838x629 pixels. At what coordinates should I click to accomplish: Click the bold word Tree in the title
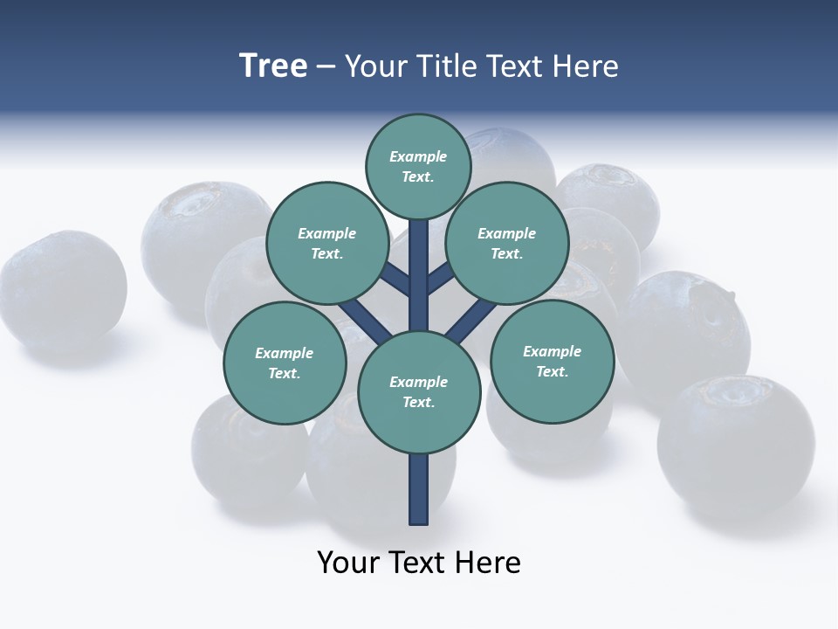(273, 66)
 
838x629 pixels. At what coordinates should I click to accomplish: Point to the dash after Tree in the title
(326, 67)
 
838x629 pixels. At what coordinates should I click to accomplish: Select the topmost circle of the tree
(418, 166)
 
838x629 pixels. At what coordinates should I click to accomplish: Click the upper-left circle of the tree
(326, 243)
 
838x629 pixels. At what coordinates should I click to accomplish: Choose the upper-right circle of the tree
(507, 243)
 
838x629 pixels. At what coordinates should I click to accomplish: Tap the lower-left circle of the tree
(285, 363)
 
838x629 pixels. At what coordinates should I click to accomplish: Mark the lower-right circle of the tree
(552, 361)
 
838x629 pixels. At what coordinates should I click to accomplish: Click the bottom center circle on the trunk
(419, 392)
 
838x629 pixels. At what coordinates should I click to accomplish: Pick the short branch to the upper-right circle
(439, 279)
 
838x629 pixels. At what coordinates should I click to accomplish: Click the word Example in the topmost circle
(418, 156)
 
